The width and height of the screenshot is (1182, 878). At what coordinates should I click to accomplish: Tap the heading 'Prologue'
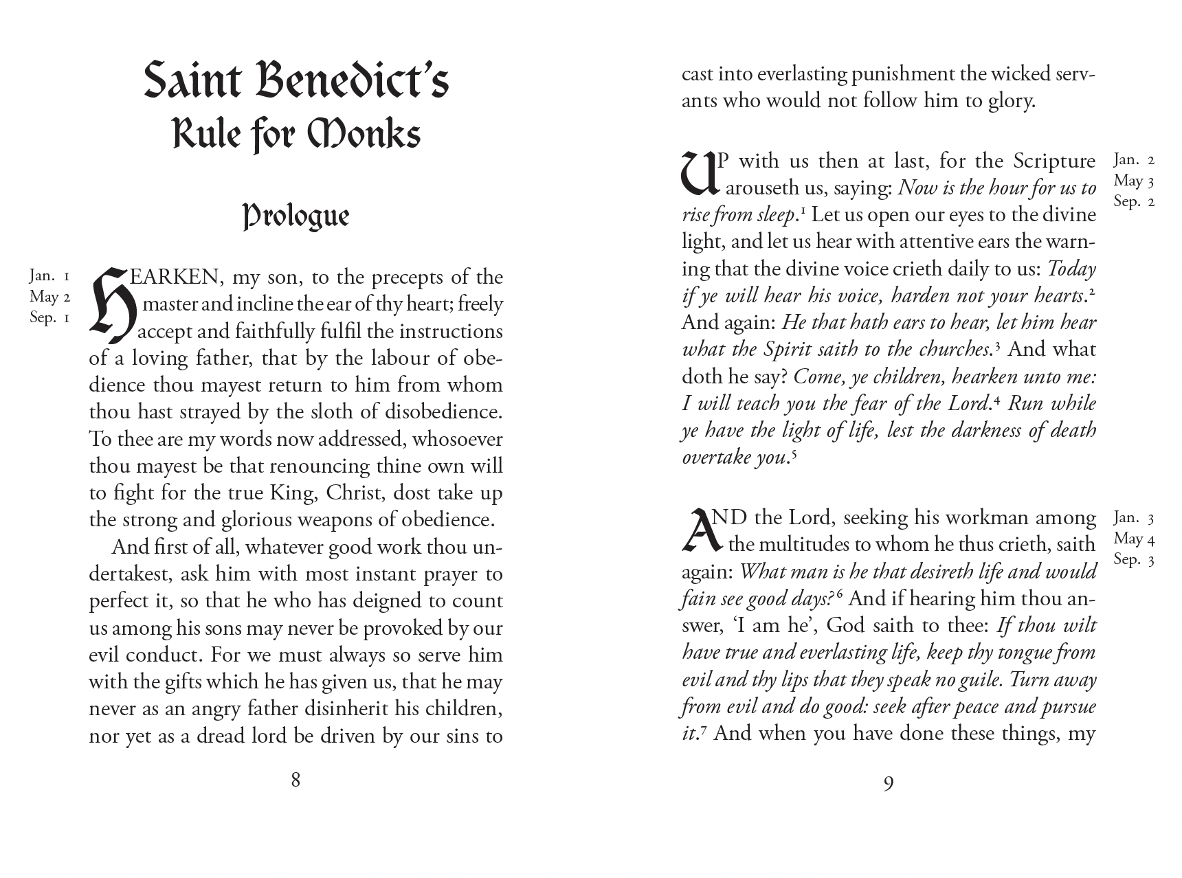(296, 216)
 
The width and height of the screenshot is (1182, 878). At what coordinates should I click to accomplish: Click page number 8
(295, 780)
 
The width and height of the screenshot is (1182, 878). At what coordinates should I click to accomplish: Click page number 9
(888, 783)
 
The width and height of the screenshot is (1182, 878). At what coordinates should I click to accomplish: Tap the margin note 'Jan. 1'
(49, 276)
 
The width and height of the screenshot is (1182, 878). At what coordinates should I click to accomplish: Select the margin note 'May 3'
(1134, 181)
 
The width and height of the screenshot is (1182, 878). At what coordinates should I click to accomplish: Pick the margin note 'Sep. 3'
(1134, 559)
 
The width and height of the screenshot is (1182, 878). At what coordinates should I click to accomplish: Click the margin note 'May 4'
(1134, 539)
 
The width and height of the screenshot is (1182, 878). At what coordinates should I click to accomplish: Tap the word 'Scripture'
(1054, 161)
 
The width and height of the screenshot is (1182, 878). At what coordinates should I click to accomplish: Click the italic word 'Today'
(1071, 269)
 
